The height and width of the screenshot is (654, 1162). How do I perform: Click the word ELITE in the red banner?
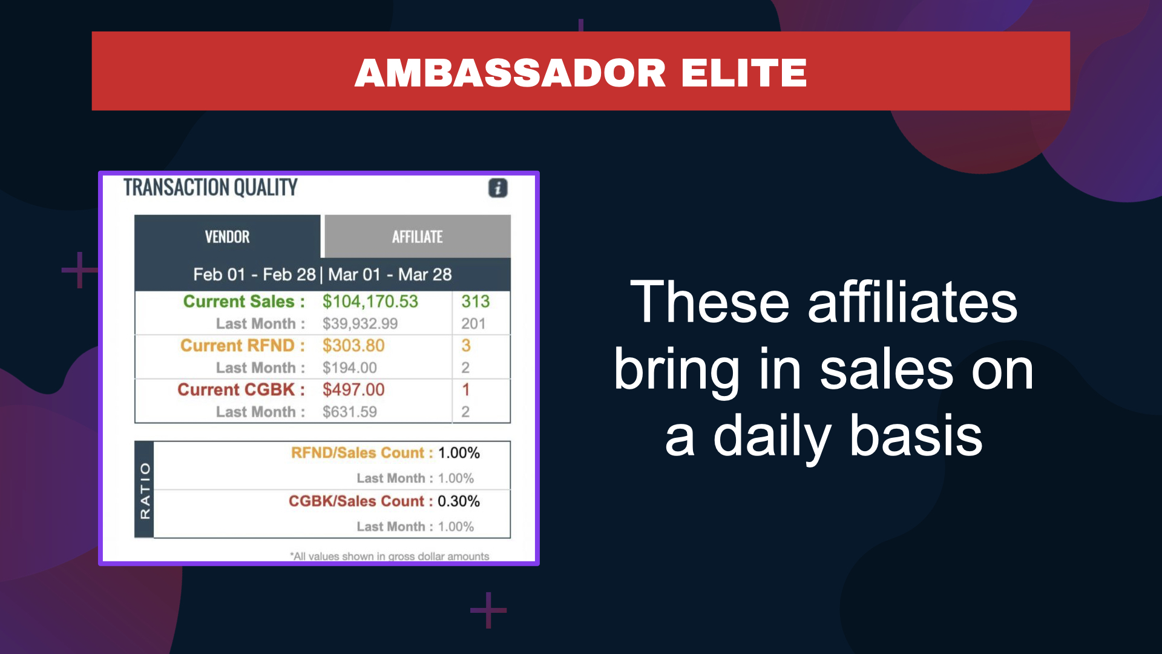(x=744, y=73)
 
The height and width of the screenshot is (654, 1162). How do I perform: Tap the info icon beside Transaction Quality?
(x=498, y=188)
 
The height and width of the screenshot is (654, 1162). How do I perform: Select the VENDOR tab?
(x=228, y=237)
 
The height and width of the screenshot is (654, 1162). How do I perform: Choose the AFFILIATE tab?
(x=418, y=237)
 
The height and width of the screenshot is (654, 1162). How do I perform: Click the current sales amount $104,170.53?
(x=370, y=302)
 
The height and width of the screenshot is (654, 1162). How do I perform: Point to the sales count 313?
(x=476, y=302)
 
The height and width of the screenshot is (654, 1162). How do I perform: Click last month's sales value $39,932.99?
(x=360, y=324)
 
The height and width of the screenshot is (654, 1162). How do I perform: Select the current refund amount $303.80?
(x=353, y=346)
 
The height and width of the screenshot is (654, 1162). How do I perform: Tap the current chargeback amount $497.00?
(x=353, y=390)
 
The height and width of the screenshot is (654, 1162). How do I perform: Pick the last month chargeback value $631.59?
(x=350, y=412)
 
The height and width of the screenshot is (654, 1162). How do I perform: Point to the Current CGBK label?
(x=241, y=390)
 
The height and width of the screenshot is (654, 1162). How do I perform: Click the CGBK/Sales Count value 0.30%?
(x=459, y=501)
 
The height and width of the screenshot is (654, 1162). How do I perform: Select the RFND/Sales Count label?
(x=362, y=453)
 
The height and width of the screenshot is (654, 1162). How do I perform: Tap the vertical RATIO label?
(x=145, y=490)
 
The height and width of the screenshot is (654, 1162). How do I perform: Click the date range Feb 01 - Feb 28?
(x=254, y=275)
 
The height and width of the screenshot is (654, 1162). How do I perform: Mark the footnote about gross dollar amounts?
(x=389, y=556)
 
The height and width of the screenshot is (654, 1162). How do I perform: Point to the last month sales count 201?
(x=473, y=324)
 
